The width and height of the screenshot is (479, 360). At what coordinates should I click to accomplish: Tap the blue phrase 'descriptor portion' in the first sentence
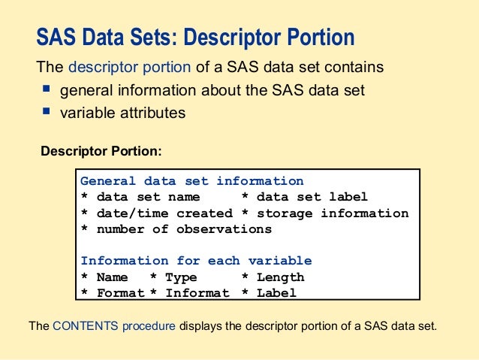(129, 67)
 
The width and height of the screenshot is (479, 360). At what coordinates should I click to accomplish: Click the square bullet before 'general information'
(46, 89)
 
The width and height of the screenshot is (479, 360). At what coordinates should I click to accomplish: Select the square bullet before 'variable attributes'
(46, 112)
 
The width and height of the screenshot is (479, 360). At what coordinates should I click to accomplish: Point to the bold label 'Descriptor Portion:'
(101, 151)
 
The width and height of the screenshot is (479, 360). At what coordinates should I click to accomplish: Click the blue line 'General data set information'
(191, 181)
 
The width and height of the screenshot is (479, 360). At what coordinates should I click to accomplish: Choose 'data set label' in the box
(312, 197)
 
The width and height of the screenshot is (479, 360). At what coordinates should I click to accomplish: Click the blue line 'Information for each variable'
(196, 261)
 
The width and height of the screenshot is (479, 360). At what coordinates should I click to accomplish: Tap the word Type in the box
(181, 277)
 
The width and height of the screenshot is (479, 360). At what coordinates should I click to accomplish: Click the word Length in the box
(280, 277)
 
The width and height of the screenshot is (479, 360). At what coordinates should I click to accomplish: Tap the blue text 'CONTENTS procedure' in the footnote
(114, 327)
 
